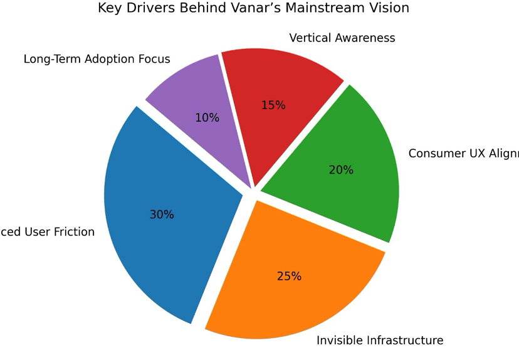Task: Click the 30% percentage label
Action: pyautogui.click(x=162, y=214)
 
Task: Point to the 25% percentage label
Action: pyautogui.click(x=289, y=276)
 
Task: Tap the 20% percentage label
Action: pyautogui.click(x=341, y=170)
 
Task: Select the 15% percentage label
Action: pyautogui.click(x=273, y=105)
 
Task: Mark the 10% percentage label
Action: pyautogui.click(x=207, y=117)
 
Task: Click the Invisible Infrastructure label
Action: pyautogui.click(x=379, y=341)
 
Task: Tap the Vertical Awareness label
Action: pyautogui.click(x=342, y=38)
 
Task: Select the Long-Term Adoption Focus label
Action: pyautogui.click(x=97, y=60)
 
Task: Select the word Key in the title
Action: pyautogui.click(x=110, y=8)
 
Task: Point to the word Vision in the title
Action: pyautogui.click(x=389, y=8)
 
